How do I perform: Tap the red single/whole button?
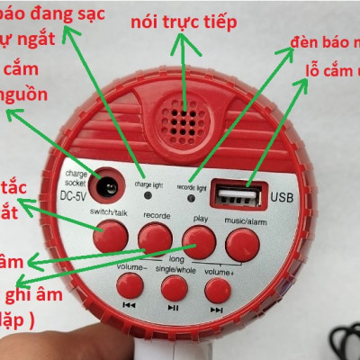pos(173,288)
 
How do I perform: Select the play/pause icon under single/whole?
pos(173,308)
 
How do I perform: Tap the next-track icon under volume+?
pos(216,308)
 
